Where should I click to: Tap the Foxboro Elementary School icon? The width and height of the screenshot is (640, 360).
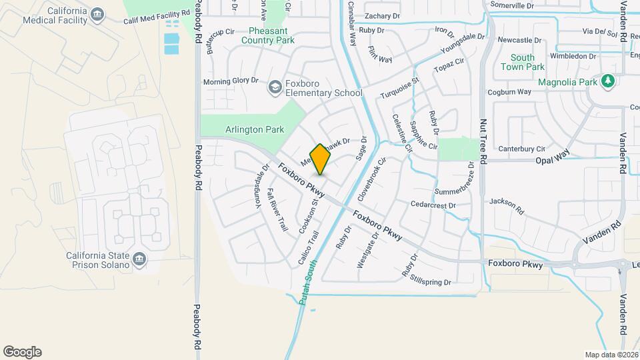coord(275,87)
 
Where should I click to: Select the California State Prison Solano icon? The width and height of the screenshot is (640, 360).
coord(139,259)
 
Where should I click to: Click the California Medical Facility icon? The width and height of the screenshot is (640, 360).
coord(98,14)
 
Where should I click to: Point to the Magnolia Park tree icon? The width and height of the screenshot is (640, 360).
coord(607,81)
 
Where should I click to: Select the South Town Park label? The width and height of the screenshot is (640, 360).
coord(523,63)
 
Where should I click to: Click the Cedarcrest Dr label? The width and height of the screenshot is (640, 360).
coord(433,205)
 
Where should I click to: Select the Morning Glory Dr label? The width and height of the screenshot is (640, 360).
coord(231,81)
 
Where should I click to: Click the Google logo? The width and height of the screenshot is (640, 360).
coord(22,352)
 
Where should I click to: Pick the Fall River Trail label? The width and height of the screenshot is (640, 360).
coord(277,209)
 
